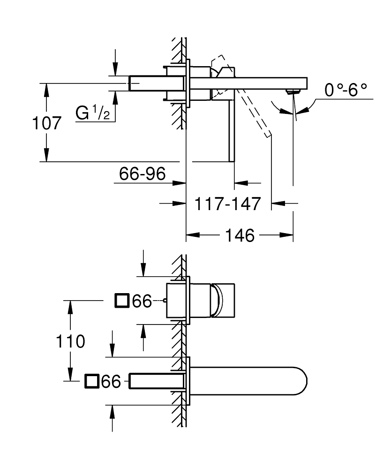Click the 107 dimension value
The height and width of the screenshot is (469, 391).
tap(47, 123)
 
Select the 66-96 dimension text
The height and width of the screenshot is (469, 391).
tap(143, 174)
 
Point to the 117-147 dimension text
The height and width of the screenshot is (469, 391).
tap(228, 204)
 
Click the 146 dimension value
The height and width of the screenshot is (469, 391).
tap(240, 235)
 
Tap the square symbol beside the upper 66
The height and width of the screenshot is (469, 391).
tap(122, 300)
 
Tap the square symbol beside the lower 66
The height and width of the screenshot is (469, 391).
tap(91, 381)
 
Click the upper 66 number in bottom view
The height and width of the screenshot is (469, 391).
tap(142, 301)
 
